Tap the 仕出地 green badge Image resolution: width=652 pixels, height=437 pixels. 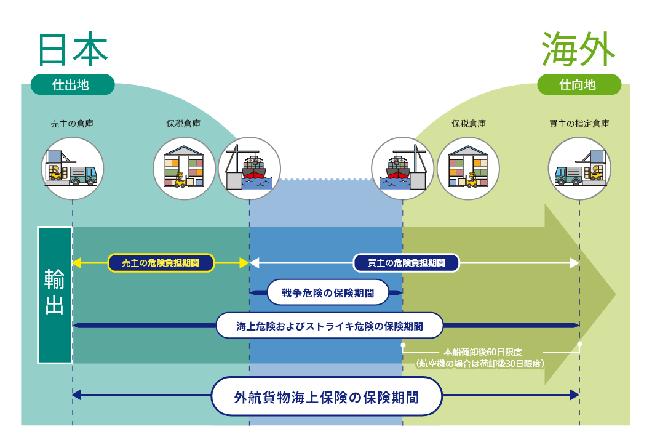coord(73,84)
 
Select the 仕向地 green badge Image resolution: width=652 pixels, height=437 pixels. coord(578,84)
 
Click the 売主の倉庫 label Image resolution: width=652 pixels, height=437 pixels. coord(72,124)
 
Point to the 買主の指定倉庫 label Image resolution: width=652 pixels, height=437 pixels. coord(579,124)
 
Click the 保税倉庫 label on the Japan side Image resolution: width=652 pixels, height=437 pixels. coord(183,124)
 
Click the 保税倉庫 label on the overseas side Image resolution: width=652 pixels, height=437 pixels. coord(469,124)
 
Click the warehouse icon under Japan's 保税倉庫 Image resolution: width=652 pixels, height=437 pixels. coord(184,168)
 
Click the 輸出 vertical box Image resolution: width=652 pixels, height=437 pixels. coord(55,295)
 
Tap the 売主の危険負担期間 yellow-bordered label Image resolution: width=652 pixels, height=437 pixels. coord(161,263)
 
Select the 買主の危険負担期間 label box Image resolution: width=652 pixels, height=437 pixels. coord(406,263)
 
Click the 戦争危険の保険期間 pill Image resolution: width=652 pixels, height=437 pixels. coord(328,292)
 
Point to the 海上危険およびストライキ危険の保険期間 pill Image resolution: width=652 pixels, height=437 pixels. coord(329,325)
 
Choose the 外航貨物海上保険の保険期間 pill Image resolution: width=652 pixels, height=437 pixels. coord(327,397)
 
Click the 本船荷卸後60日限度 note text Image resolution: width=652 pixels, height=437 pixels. coord(482,352)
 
